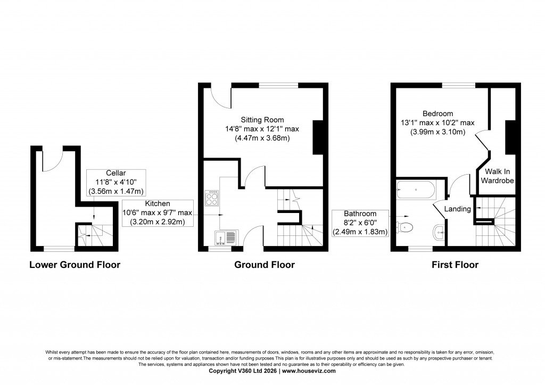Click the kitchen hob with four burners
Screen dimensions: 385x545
(x=212, y=198)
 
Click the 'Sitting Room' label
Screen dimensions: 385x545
(x=262, y=119)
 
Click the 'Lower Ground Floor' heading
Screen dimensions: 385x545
(x=75, y=265)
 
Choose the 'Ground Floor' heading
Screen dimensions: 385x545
(x=264, y=265)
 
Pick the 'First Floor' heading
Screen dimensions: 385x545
(x=456, y=265)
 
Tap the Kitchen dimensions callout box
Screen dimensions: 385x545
(x=157, y=213)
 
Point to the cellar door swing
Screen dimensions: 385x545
(x=53, y=160)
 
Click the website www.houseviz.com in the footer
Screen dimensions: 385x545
(x=309, y=371)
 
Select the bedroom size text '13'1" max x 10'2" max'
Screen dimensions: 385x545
(x=437, y=123)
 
